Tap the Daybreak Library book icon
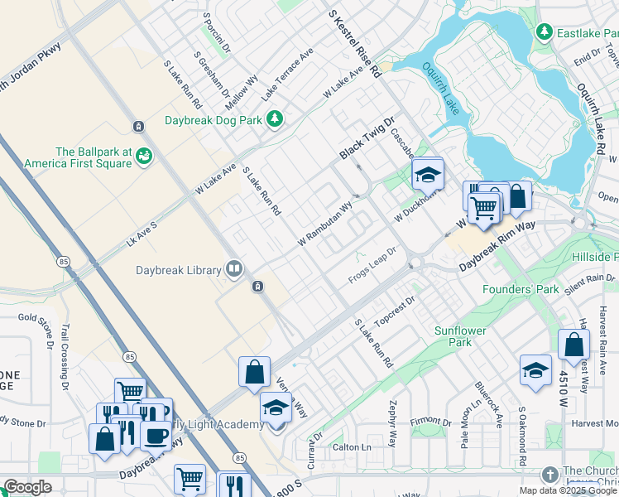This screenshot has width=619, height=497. (234, 269)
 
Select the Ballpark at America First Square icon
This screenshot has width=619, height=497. (145, 156)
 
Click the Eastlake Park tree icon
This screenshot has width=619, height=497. (544, 32)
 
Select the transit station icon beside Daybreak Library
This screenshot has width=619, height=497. (258, 286)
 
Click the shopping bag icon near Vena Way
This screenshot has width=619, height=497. (254, 372)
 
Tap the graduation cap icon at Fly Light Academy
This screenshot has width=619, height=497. (276, 408)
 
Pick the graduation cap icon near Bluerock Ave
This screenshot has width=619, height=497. (535, 370)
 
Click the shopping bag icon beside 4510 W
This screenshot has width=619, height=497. (573, 345)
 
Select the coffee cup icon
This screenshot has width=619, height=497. (156, 434)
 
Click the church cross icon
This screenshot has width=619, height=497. (549, 475)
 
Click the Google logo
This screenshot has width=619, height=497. (27, 487)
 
